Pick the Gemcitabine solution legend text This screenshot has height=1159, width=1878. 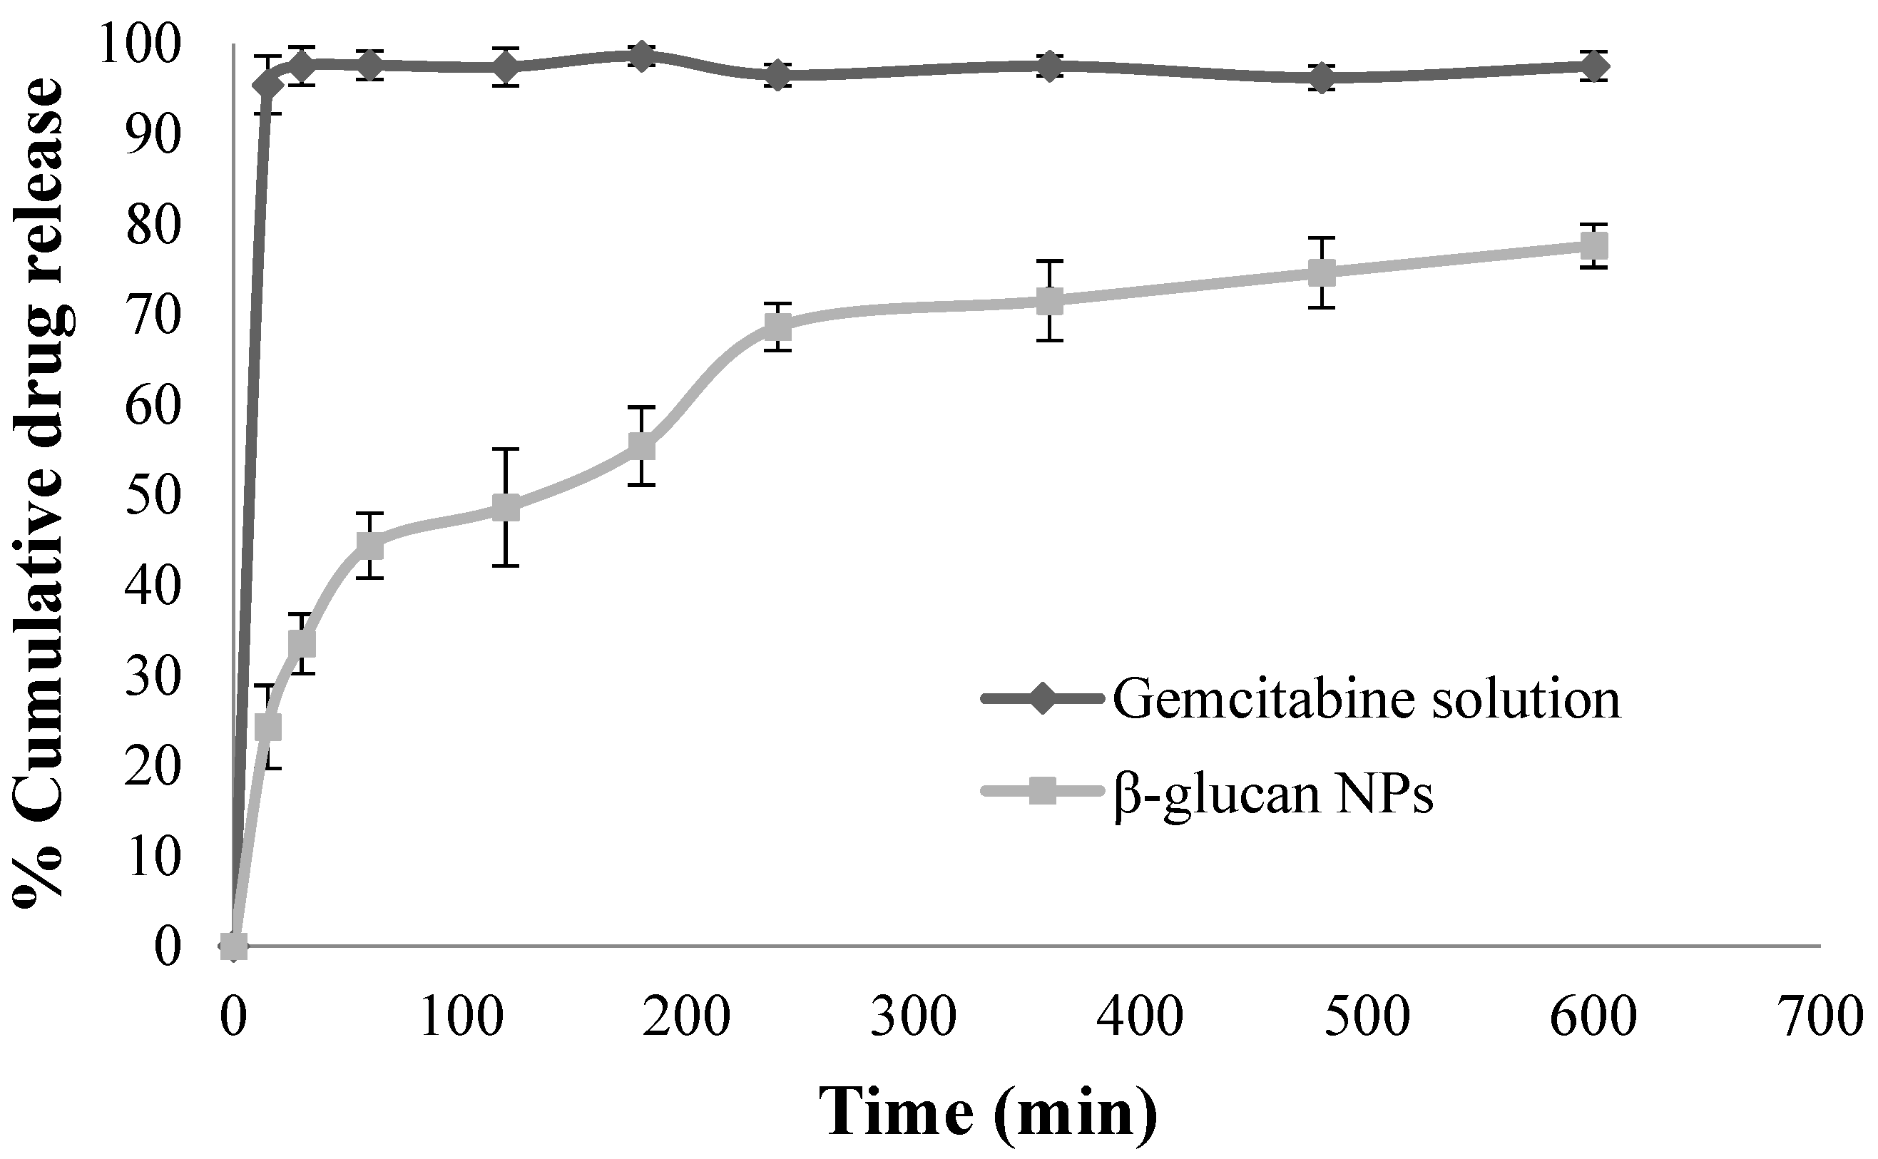pyautogui.click(x=1366, y=699)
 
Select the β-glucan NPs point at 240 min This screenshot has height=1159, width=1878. pyautogui.click(x=777, y=327)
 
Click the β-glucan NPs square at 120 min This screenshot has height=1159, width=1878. pyautogui.click(x=506, y=506)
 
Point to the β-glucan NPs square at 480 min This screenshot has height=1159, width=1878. pyautogui.click(x=1322, y=272)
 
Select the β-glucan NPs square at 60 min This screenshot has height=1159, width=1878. pyautogui.click(x=369, y=545)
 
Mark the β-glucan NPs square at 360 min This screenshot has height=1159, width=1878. pyautogui.click(x=1049, y=300)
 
